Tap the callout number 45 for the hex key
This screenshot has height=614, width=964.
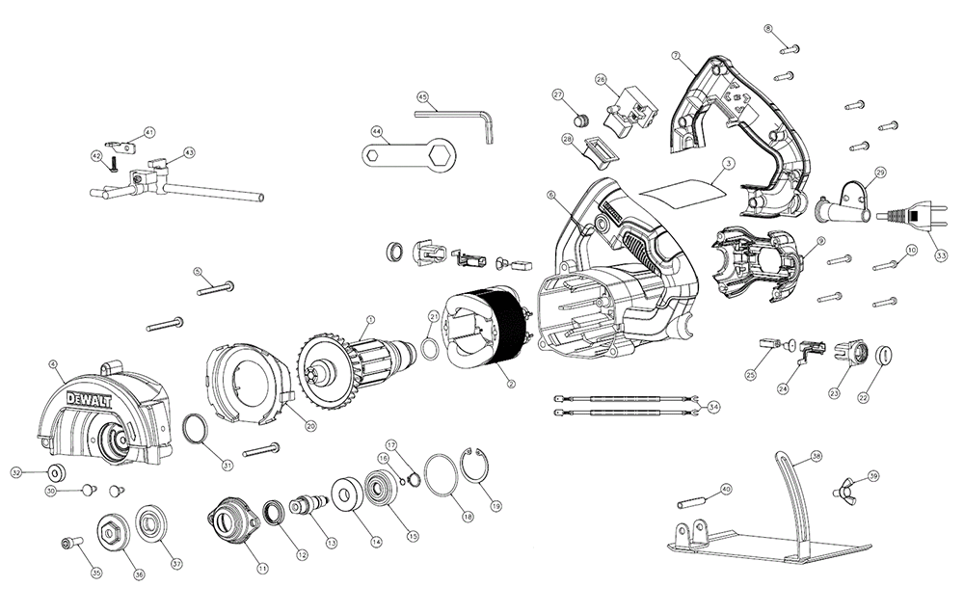click(422, 97)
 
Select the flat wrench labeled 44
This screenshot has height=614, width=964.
click(405, 152)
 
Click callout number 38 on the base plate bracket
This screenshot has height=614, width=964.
click(816, 455)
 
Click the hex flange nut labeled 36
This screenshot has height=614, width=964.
click(109, 533)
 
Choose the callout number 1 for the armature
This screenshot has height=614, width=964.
click(371, 320)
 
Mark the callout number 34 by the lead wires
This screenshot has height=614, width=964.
click(711, 407)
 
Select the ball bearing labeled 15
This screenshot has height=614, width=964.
click(379, 490)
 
